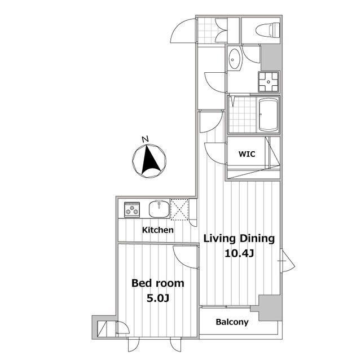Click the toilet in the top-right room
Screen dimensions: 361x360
[x=267, y=30]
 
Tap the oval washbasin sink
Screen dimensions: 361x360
[x=235, y=59]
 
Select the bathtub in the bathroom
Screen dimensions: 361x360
[x=268, y=115]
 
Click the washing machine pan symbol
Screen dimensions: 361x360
[x=268, y=82]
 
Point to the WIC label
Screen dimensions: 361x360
[x=247, y=154]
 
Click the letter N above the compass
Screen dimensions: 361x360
[x=145, y=139]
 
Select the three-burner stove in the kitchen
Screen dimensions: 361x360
[x=132, y=209]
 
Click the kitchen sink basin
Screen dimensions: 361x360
[x=159, y=209]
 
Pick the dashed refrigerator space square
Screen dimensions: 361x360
[x=179, y=209]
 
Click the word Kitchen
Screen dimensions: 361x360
[x=158, y=230]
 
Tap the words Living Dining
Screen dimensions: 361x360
[x=239, y=239]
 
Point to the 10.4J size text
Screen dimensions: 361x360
[x=239, y=253]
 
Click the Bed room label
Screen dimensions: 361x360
[x=158, y=283]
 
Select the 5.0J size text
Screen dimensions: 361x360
[x=158, y=298]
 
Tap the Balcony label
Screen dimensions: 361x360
[x=232, y=322]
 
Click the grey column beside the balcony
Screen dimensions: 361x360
[x=270, y=308]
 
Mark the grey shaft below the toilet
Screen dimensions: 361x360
[x=271, y=58]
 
